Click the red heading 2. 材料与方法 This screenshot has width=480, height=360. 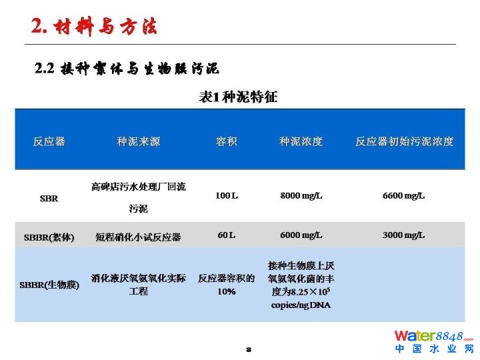[x=94, y=26]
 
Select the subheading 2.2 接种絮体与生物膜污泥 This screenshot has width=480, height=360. [x=127, y=68]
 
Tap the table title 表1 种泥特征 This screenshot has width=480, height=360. [x=238, y=97]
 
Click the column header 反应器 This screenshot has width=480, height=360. [x=49, y=141]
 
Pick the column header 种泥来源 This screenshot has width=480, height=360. [x=139, y=141]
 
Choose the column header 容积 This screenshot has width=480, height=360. [x=227, y=141]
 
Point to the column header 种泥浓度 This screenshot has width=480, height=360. [x=301, y=141]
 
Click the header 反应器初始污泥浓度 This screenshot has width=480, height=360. [x=404, y=141]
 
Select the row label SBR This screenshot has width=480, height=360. [x=49, y=199]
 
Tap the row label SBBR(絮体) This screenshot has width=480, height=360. [x=49, y=237]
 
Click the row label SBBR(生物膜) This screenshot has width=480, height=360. [x=49, y=285]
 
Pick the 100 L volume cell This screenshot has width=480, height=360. [x=227, y=195]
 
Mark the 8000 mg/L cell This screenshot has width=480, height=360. [x=301, y=195]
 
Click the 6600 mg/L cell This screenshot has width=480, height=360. [x=404, y=195]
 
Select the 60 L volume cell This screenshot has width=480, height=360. [x=227, y=235]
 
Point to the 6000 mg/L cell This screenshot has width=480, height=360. [x=301, y=235]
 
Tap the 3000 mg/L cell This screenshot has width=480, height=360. [x=404, y=235]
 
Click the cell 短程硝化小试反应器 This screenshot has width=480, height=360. [x=139, y=237]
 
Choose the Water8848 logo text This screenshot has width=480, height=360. [x=434, y=336]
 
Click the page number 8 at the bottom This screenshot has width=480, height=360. [x=249, y=349]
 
